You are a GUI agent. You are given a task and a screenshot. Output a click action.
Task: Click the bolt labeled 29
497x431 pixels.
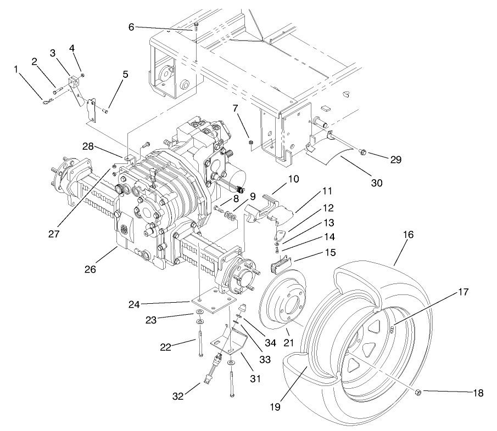click(x=363, y=151)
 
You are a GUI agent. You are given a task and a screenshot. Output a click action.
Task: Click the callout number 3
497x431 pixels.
click(x=53, y=53)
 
